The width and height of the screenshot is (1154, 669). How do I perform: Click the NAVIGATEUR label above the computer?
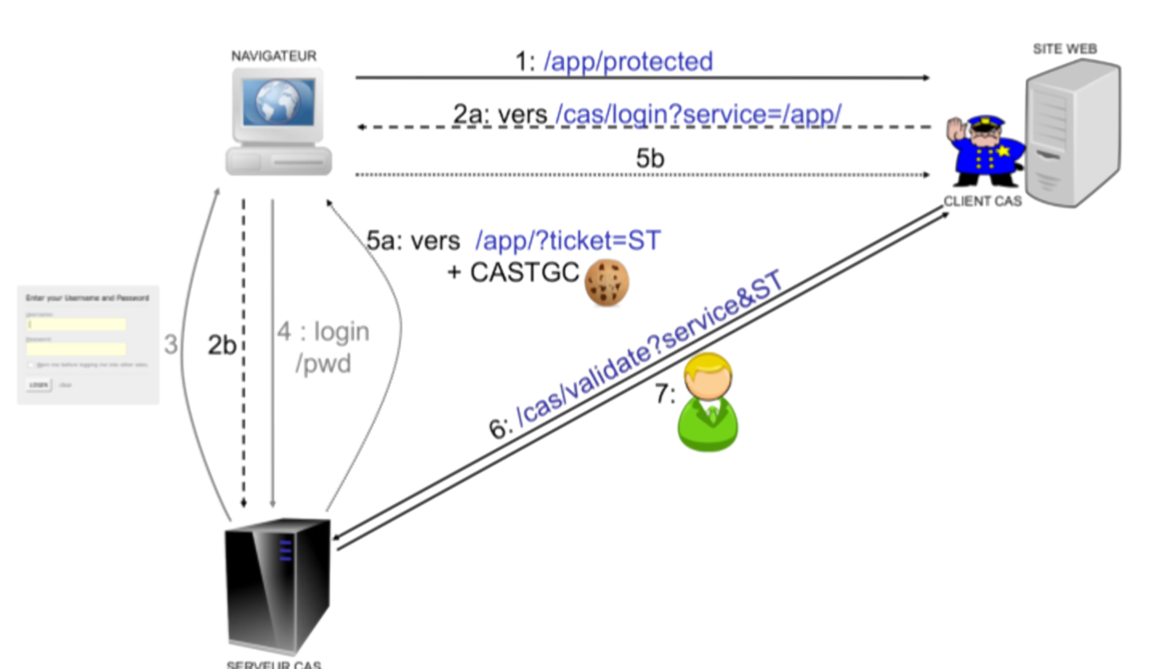[274, 56]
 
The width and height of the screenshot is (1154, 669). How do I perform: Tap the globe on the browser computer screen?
[277, 102]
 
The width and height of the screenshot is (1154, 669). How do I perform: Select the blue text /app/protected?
[628, 61]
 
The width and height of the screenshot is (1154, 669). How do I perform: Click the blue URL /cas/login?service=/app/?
[698, 114]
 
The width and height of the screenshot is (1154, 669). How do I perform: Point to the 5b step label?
[650, 158]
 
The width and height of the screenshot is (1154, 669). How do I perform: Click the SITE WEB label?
[1064, 49]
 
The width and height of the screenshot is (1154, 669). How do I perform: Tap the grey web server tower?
[1073, 134]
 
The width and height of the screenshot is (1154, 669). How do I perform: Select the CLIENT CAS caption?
[982, 202]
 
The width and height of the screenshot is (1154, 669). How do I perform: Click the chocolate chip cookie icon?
[606, 282]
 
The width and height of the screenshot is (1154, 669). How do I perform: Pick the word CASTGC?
[524, 273]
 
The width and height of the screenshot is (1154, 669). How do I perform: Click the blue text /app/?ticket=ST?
[568, 241]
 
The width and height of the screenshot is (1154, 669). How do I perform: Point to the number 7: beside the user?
[665, 395]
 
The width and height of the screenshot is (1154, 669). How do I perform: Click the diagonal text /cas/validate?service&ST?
[649, 350]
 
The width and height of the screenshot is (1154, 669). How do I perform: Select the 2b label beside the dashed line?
[222, 345]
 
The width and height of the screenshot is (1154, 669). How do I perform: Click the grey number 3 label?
[170, 344]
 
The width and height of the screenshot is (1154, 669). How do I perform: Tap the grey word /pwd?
[323, 364]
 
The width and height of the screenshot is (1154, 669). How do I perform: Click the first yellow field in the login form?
[76, 324]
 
